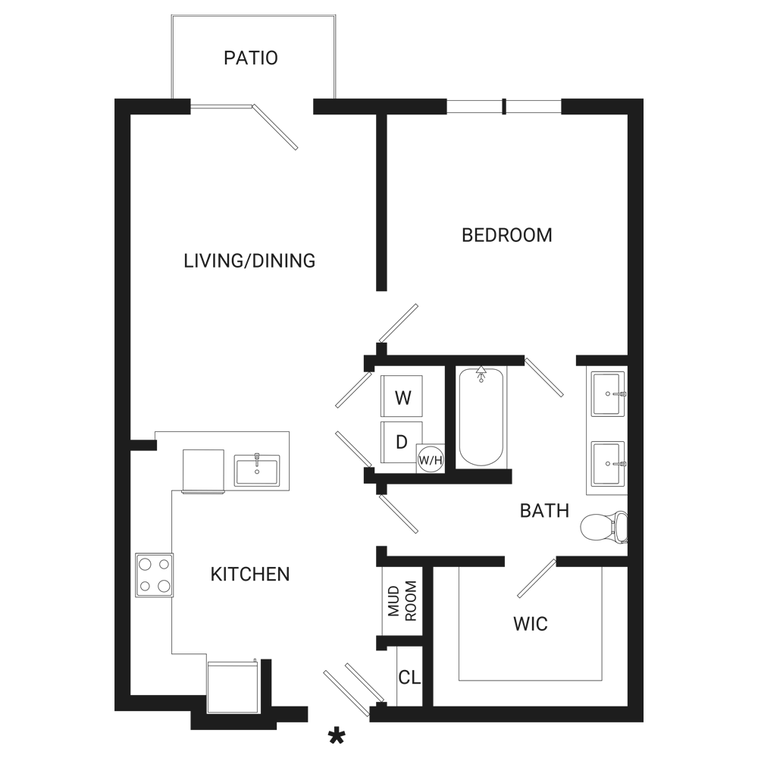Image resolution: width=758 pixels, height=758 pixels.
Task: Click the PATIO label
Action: [250, 58]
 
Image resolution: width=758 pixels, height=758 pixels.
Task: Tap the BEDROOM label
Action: [506, 236]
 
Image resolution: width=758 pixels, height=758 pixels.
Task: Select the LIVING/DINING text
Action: [249, 261]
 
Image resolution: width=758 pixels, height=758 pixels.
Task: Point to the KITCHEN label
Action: [250, 575]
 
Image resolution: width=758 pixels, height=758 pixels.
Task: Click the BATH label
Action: [544, 511]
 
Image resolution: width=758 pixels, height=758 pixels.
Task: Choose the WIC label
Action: [531, 624]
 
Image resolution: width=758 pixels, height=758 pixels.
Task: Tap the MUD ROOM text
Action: [402, 601]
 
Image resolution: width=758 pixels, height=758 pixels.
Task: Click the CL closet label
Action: [409, 677]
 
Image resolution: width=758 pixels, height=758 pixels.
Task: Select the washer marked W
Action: [401, 396]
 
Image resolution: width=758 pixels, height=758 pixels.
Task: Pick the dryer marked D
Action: [401, 442]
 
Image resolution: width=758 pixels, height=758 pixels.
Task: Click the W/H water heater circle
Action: [431, 459]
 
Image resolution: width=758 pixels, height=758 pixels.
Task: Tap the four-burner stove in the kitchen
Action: [154, 575]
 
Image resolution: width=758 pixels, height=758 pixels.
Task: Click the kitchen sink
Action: [257, 470]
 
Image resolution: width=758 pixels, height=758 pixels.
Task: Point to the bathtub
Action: [481, 417]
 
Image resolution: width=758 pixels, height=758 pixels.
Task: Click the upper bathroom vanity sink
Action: [607, 394]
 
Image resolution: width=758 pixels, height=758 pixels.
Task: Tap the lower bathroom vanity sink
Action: [607, 463]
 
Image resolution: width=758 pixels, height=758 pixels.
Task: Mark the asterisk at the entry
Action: [337, 738]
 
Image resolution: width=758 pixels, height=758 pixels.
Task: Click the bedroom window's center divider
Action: [504, 106]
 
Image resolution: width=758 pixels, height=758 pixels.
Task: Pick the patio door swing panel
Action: [275, 127]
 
